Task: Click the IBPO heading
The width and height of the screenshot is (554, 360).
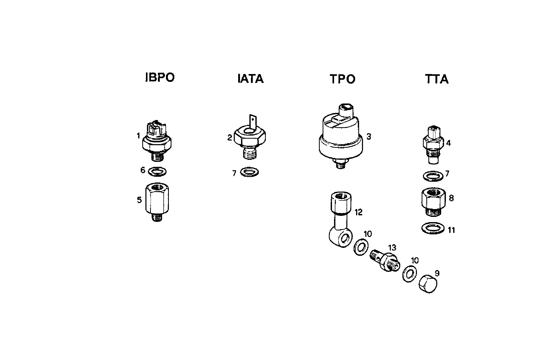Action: click(160, 78)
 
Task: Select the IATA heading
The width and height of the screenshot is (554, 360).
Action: click(251, 79)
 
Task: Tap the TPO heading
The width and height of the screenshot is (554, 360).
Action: click(343, 79)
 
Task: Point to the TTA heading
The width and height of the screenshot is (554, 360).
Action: click(437, 79)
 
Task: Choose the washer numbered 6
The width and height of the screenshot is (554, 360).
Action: click(157, 172)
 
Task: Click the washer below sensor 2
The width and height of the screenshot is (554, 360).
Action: click(249, 172)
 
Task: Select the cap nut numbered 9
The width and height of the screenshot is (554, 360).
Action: click(428, 284)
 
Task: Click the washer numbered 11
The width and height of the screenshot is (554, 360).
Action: click(433, 228)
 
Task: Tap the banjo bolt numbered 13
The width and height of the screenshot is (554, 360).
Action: click(384, 262)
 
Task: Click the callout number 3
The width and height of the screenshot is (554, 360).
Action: click(369, 137)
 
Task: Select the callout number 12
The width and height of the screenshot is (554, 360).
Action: click(359, 212)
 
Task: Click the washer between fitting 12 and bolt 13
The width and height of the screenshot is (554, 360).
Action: click(361, 246)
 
